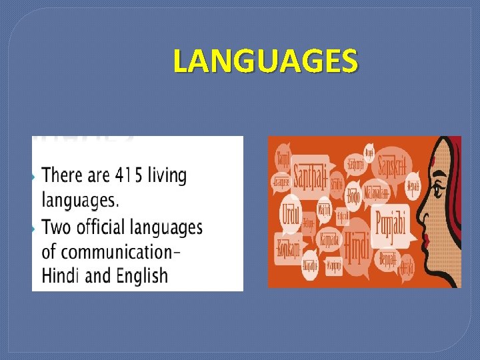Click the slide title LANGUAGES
click(x=265, y=61)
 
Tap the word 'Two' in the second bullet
click(x=57, y=227)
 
